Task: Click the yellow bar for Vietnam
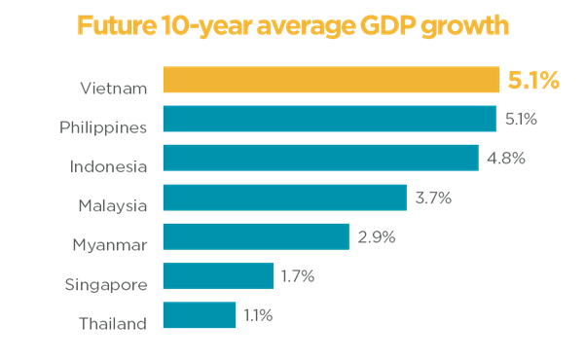(331, 80)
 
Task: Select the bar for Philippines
(330, 119)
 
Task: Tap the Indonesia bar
(321, 158)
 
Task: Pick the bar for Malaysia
(285, 198)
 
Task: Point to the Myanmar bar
(256, 236)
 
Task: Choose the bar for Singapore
(219, 276)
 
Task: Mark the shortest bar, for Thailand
(200, 315)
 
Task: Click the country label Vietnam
(114, 89)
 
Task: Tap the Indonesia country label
(108, 166)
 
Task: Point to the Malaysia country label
(113, 205)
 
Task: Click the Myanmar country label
(110, 245)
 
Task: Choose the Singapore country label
(107, 285)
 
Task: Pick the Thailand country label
(113, 324)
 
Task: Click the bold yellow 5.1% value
(533, 81)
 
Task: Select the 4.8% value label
(505, 158)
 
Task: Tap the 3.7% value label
(433, 198)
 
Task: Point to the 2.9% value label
(375, 236)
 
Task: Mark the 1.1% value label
(258, 315)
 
